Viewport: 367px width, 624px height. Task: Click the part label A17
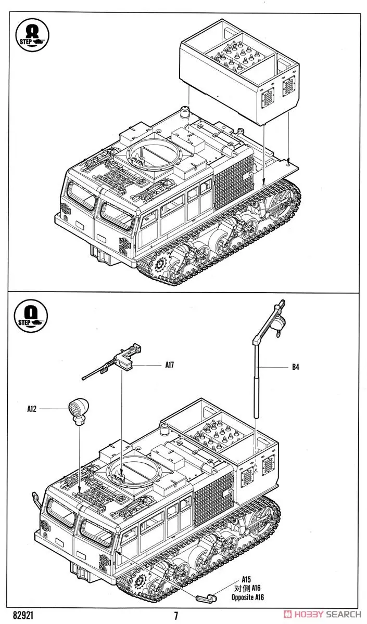pos(169,365)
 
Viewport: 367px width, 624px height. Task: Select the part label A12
pos(32,409)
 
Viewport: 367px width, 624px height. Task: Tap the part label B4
pos(295,368)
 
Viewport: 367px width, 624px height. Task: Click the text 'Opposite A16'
pos(248,597)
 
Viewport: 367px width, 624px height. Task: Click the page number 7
pos(176,616)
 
